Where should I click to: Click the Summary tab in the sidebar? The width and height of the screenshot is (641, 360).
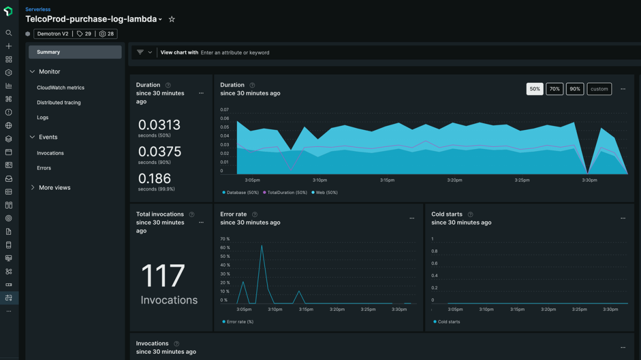(49, 52)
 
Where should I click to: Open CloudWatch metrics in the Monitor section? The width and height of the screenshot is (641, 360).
(60, 88)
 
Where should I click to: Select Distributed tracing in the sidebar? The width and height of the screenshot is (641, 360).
(59, 103)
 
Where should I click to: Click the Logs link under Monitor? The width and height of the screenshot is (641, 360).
(43, 118)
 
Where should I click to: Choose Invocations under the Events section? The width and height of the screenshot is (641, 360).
(50, 153)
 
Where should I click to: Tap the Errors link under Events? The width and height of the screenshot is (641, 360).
(44, 168)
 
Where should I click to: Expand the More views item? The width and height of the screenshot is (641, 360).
(54, 187)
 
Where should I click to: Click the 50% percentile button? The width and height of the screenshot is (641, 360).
(535, 89)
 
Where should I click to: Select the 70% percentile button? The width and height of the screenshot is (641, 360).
(554, 89)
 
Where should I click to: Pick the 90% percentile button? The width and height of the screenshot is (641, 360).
(575, 89)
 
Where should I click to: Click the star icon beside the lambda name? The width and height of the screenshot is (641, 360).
(171, 19)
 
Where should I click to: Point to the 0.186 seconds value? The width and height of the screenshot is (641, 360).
(154, 178)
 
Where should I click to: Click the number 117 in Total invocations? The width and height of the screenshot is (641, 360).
(163, 276)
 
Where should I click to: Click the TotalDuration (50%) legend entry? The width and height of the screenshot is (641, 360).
(287, 192)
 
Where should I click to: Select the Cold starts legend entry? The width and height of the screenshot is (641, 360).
(449, 322)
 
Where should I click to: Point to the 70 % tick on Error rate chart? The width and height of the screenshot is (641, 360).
(225, 239)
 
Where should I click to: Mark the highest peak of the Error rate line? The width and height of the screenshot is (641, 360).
(262, 245)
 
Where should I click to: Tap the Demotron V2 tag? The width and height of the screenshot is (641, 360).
(53, 34)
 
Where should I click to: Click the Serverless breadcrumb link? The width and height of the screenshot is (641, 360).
(37, 10)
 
